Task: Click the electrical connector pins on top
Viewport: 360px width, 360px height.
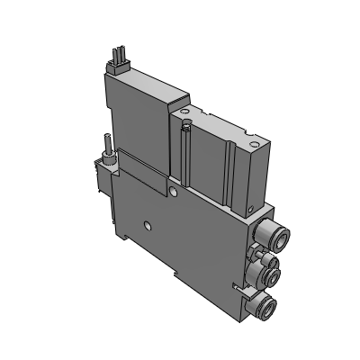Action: [x=115, y=60]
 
